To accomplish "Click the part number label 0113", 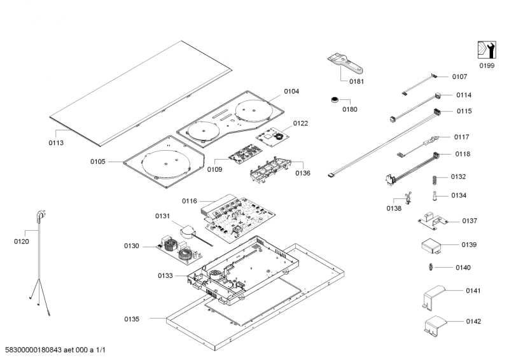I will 56,142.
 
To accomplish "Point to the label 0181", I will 357,81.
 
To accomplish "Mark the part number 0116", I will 190,200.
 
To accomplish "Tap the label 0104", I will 291,92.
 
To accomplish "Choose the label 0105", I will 97,162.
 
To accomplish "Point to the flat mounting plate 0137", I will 433,221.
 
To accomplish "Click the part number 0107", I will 459,76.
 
